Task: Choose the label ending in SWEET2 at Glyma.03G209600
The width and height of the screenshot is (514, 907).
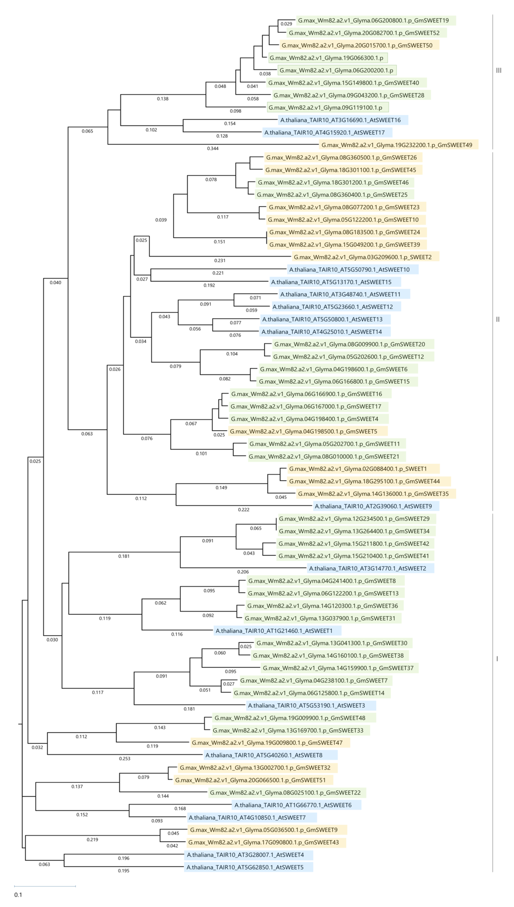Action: pyautogui.click(x=362, y=257)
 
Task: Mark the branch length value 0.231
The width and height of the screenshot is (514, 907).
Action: pyautogui.click(x=220, y=261)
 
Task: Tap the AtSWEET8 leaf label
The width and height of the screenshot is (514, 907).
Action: pyautogui.click(x=264, y=755)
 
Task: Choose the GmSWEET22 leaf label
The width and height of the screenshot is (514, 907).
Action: pyautogui.click(x=285, y=793)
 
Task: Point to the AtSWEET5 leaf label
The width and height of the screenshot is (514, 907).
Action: pyautogui.click(x=245, y=867)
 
